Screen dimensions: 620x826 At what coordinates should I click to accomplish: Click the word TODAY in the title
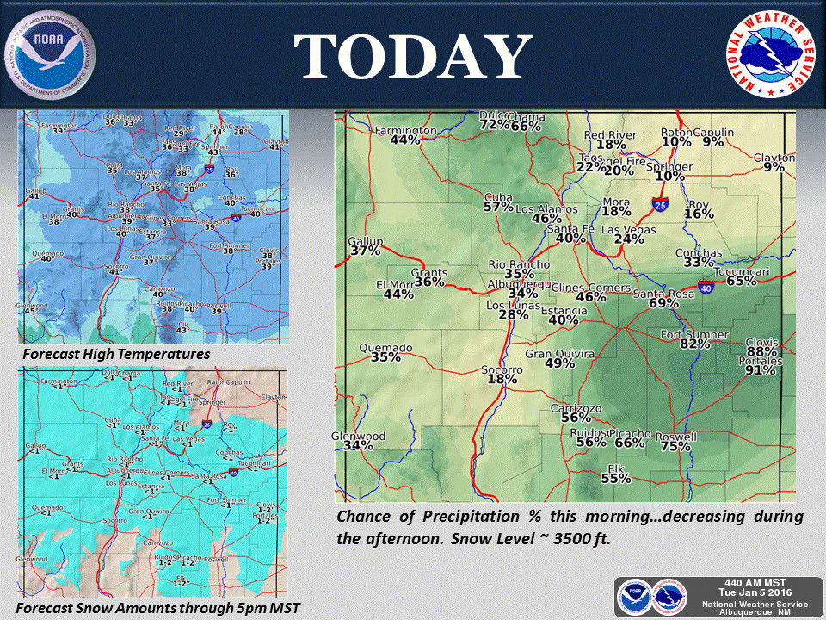(x=412, y=57)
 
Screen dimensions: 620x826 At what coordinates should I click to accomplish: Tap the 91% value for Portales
(x=760, y=371)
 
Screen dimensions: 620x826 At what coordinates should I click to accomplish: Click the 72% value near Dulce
(x=495, y=125)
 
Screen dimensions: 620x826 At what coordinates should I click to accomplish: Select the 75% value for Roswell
(x=675, y=447)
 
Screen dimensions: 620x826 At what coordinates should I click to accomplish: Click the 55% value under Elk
(x=616, y=479)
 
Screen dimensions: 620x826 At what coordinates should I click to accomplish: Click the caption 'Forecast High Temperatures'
(x=116, y=354)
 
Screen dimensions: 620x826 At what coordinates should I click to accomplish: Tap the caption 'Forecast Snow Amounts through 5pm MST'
(x=158, y=609)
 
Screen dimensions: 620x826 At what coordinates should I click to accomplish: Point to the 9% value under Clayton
(x=774, y=167)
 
